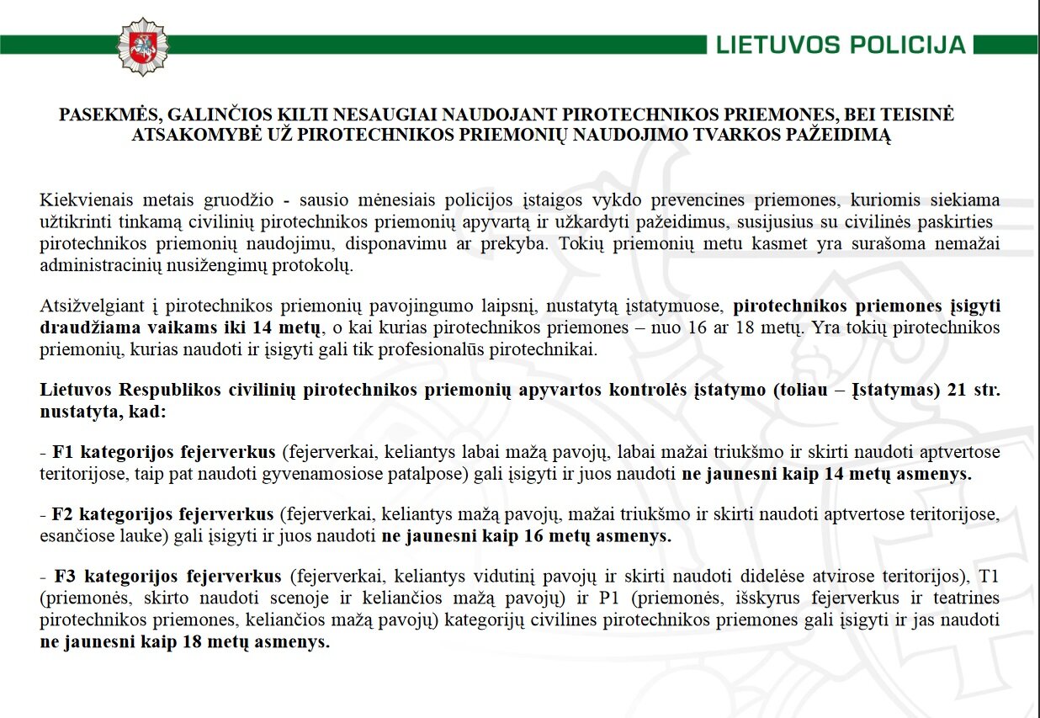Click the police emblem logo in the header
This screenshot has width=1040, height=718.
(142, 45)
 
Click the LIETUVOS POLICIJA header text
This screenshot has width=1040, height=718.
(841, 45)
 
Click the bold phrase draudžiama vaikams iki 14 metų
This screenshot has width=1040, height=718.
(181, 328)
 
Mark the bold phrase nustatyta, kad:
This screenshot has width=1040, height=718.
(103, 412)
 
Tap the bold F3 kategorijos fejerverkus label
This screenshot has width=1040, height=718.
(167, 577)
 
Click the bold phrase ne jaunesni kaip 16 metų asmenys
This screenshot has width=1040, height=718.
(527, 535)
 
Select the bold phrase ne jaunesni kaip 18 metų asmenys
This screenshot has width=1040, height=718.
(184, 642)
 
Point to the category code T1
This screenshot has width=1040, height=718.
(985, 577)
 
